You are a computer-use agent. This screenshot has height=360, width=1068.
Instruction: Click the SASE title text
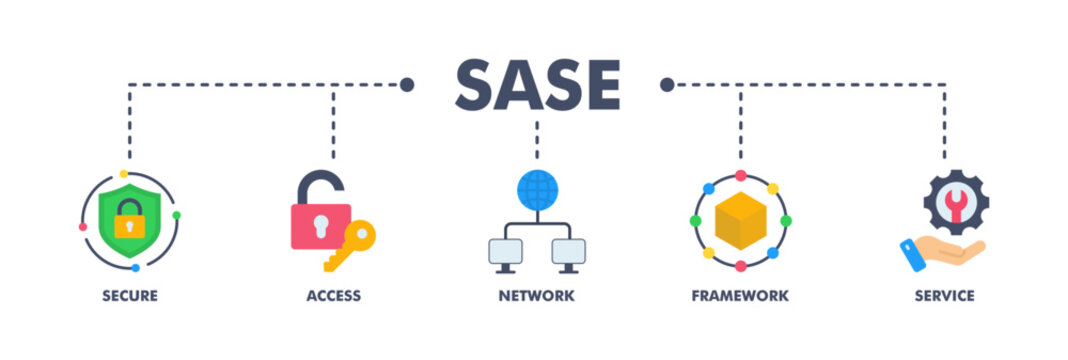pyautogui.click(x=537, y=86)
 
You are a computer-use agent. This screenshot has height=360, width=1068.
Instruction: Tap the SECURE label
pyautogui.click(x=129, y=296)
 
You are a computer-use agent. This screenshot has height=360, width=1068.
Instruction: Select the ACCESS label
pyautogui.click(x=334, y=296)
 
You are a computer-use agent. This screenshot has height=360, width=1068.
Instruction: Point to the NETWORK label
pyautogui.click(x=537, y=296)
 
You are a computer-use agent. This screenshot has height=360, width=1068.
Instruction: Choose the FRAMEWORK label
pyautogui.click(x=740, y=296)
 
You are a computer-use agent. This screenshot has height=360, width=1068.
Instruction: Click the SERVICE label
pyautogui.click(x=943, y=296)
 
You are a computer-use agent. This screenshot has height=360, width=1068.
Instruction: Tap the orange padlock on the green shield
pyautogui.click(x=129, y=219)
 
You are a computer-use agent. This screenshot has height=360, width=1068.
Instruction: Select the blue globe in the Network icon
pyautogui.click(x=537, y=189)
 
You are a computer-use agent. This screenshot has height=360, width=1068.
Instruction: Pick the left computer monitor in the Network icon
pyautogui.click(x=506, y=251)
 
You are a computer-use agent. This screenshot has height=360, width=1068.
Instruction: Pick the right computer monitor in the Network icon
pyautogui.click(x=568, y=251)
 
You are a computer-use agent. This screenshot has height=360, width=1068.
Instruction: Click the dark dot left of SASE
pyautogui.click(x=407, y=85)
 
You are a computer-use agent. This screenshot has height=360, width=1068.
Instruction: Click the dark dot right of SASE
pyautogui.click(x=667, y=85)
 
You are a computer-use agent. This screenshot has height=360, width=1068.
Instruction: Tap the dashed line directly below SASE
pyautogui.click(x=537, y=140)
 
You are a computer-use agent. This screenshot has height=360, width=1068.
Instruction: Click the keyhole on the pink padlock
pyautogui.click(x=320, y=223)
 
